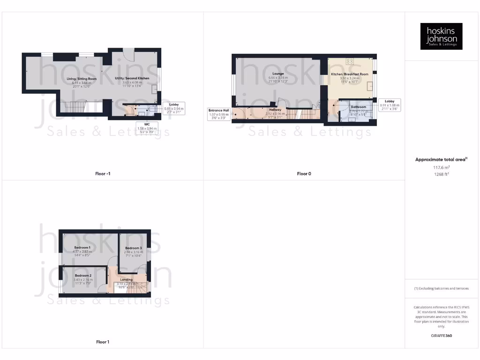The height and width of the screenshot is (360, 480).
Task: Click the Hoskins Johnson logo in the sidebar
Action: click(x=441, y=36)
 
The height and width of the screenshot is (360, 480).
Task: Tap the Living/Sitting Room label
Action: click(x=82, y=79)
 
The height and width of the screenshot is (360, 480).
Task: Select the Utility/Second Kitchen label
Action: click(x=132, y=78)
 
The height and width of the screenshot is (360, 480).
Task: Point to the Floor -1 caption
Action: click(x=102, y=174)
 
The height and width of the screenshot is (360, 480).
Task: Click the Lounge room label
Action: click(x=277, y=74)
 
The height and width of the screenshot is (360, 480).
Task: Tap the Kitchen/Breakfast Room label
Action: click(x=350, y=74)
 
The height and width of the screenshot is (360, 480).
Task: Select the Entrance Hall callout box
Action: click(x=219, y=114)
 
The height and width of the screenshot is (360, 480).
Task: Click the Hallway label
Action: click(x=275, y=110)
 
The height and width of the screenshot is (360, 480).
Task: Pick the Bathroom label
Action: click(x=359, y=107)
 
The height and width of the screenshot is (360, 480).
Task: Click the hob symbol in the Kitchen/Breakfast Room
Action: click(x=350, y=61)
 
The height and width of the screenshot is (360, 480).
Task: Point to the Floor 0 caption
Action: click(x=304, y=174)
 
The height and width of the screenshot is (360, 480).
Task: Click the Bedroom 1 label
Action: click(x=82, y=247)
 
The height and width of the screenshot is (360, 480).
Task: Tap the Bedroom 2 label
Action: click(x=82, y=276)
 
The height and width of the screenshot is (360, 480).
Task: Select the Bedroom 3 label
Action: click(x=133, y=248)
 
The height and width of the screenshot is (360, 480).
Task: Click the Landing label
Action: click(x=126, y=279)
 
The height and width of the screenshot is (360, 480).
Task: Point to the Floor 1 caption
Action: click(x=102, y=342)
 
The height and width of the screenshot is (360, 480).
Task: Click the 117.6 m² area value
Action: click(x=441, y=167)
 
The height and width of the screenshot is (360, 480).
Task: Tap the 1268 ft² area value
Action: click(x=441, y=174)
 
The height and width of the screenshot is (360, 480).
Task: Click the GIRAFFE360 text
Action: click(x=441, y=336)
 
